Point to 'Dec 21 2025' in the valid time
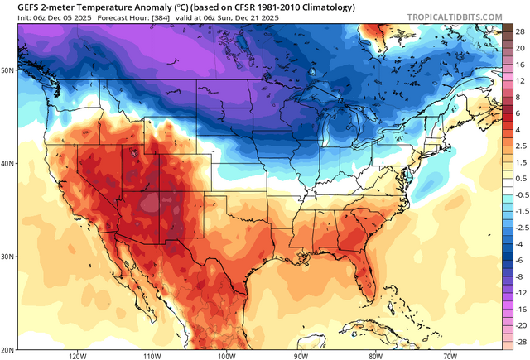(x=243, y=16)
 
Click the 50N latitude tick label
(x=8, y=70)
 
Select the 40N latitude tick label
(x=8, y=163)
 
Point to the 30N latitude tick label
(x=8, y=257)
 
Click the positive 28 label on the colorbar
(x=519, y=30)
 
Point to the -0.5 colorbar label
(x=520, y=194)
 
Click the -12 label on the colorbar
(x=519, y=293)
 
